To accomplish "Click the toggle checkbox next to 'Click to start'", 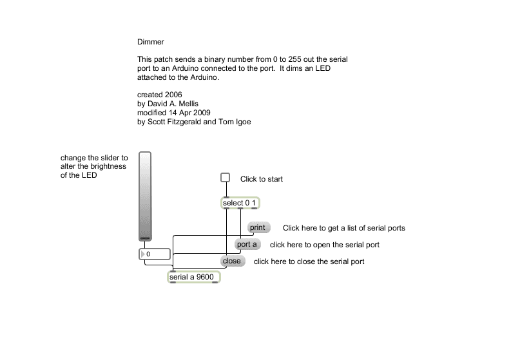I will (225, 178).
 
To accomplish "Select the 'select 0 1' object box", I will (240, 204).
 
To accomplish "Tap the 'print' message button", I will (258, 227).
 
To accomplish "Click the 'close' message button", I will (231, 261).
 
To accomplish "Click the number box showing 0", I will (155, 254).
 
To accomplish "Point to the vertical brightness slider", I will (145, 196).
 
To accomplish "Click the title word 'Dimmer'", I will (150, 42).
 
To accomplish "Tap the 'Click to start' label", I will (262, 179).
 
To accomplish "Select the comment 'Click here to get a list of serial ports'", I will (344, 228).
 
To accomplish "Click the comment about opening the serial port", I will (325, 245).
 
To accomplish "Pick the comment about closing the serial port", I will (309, 261).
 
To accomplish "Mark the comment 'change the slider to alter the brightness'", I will (94, 166).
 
